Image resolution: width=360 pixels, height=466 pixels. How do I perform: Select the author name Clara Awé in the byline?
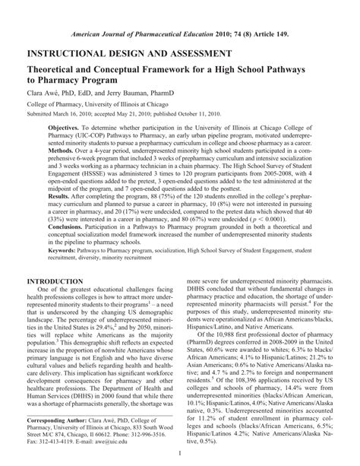click(x=45, y=96)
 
